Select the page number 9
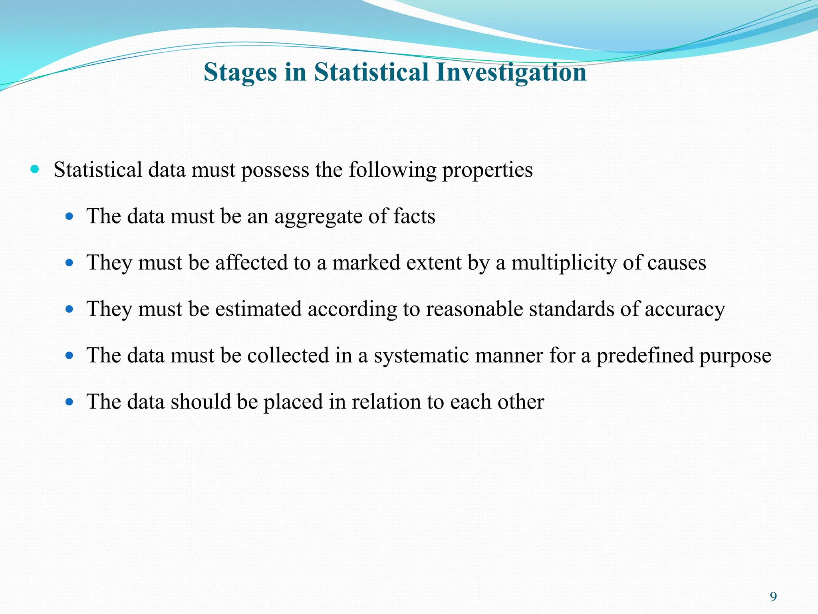coord(773,597)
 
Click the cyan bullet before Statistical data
coord(35,169)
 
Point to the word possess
coord(275,170)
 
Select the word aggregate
coord(318,217)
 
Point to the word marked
coord(366,263)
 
